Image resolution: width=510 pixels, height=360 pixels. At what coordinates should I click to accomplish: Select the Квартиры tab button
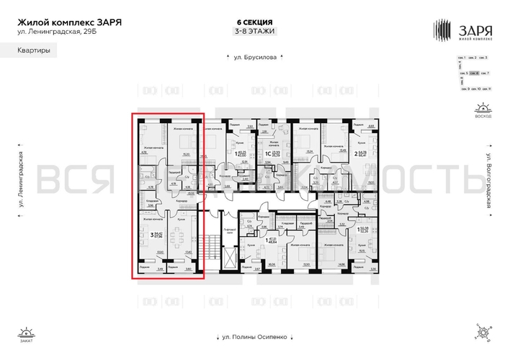click(34, 50)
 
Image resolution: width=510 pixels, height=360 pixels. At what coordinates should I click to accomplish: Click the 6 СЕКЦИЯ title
click(255, 22)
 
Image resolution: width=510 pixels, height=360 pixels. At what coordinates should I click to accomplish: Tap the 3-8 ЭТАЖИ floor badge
click(255, 32)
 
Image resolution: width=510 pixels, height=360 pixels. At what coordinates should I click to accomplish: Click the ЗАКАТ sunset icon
click(27, 335)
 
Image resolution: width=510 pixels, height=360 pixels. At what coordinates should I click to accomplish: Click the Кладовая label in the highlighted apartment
click(153, 202)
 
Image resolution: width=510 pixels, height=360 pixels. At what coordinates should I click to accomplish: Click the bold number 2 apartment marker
click(356, 153)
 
